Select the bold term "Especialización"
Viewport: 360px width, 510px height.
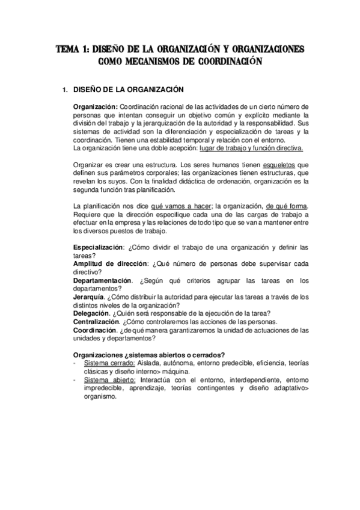coord(99,247)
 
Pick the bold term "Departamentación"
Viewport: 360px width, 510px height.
coord(102,280)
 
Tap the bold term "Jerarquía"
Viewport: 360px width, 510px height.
coord(88,296)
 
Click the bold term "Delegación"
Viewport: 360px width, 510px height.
coord(91,313)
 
